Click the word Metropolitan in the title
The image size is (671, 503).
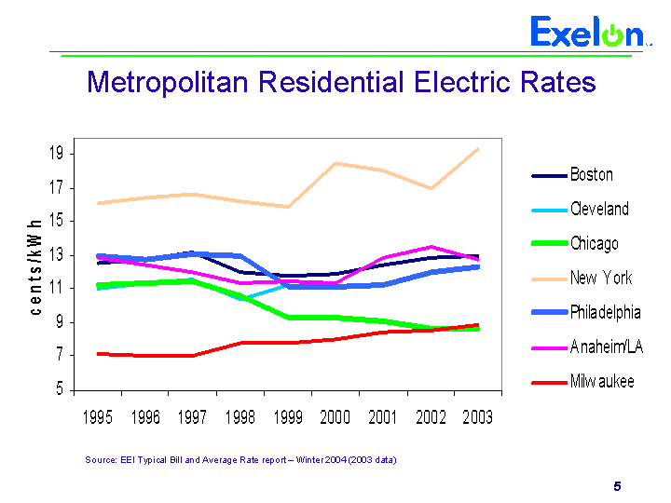click(166, 82)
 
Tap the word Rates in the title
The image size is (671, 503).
click(556, 82)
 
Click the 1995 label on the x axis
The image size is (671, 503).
click(98, 417)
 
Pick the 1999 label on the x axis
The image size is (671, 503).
click(287, 417)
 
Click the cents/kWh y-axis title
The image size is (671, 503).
click(34, 266)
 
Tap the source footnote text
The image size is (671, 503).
click(240, 459)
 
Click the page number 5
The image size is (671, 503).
click(617, 486)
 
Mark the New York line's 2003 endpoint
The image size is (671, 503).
click(478, 148)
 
